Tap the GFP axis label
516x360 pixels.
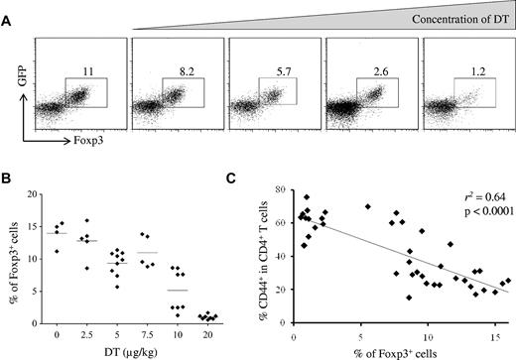click(x=19, y=84)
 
